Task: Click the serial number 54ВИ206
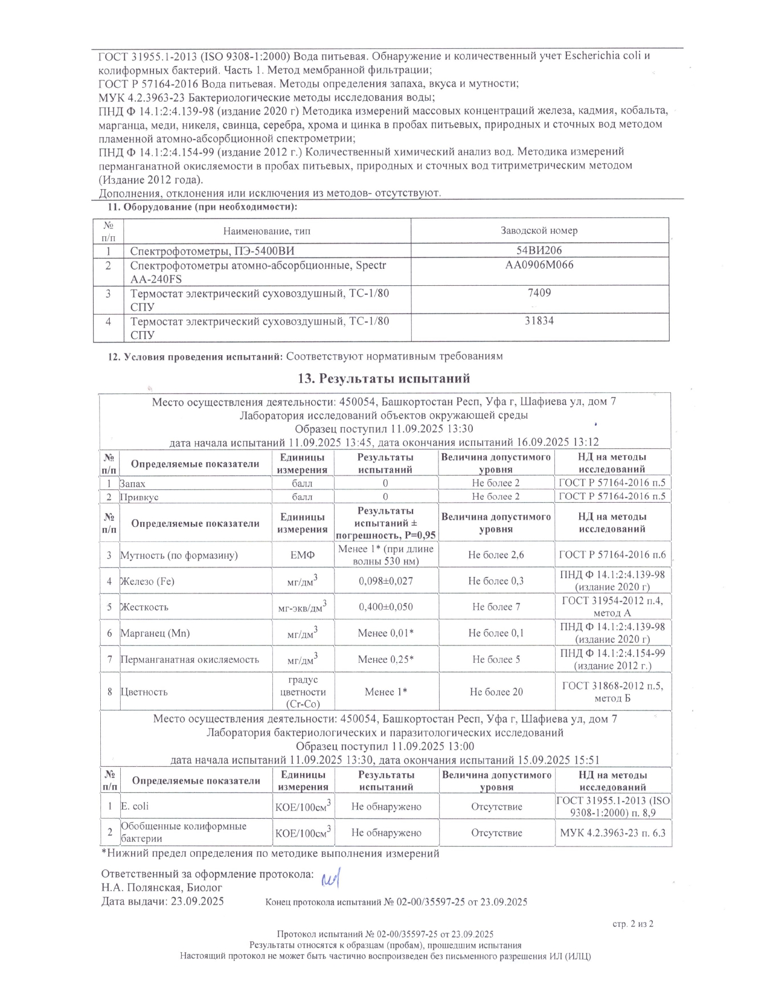coord(539,250)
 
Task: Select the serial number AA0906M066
coord(539,265)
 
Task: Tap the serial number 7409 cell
coord(539,293)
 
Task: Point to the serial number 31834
coord(539,321)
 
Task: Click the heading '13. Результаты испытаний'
coord(384,379)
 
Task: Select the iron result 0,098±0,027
coord(386,581)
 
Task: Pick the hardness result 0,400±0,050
coord(386,607)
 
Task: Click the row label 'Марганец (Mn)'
coord(155,633)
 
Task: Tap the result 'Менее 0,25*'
coord(386,659)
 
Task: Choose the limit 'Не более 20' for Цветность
coord(496,692)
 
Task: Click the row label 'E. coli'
coord(135,806)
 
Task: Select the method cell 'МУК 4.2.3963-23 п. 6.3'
coord(612,833)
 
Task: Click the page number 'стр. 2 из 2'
coord(632,924)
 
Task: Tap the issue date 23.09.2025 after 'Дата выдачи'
coord(197,902)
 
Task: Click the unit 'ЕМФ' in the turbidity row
coord(303,555)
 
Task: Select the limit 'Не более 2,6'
coord(496,555)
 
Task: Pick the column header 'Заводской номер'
coord(539,230)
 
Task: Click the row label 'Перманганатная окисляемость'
coord(190,659)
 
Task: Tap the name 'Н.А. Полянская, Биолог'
coord(162,888)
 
